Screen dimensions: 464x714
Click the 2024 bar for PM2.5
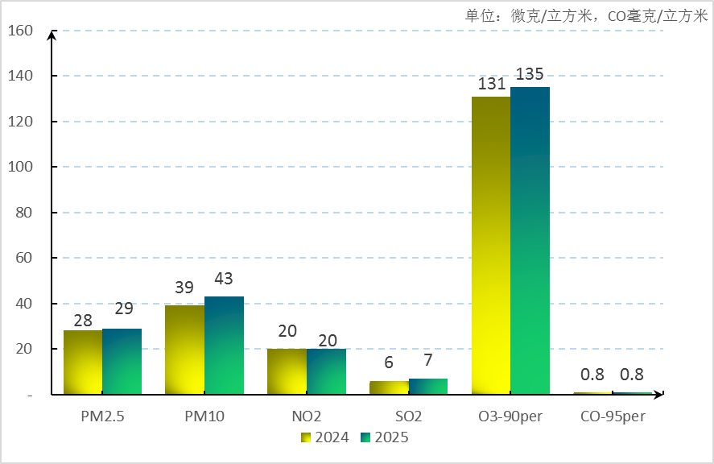pos(83,362)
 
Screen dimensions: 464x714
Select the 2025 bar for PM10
pos(224,346)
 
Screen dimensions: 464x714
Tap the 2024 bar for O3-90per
pos(491,246)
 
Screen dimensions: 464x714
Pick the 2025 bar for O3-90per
pos(530,241)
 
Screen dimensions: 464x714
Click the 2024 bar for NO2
pos(287,371)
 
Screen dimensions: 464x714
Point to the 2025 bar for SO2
pos(427,387)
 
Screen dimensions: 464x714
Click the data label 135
pos(530,74)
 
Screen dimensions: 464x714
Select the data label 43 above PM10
pos(224,279)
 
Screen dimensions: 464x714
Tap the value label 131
pos(491,84)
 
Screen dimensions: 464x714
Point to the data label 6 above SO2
pos(389,363)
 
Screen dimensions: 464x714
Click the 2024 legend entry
pos(324,437)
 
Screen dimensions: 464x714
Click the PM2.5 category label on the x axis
pos(102,416)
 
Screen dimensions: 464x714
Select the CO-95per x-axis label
pos(613,416)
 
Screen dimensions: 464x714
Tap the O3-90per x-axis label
pos(510,416)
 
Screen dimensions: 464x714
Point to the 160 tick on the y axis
pos(20,31)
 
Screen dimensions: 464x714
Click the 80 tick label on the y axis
pos(24,213)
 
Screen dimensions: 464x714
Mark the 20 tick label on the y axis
pos(24,349)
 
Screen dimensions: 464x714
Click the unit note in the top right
pos(586,15)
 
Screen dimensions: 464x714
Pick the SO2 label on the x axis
pos(408,416)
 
